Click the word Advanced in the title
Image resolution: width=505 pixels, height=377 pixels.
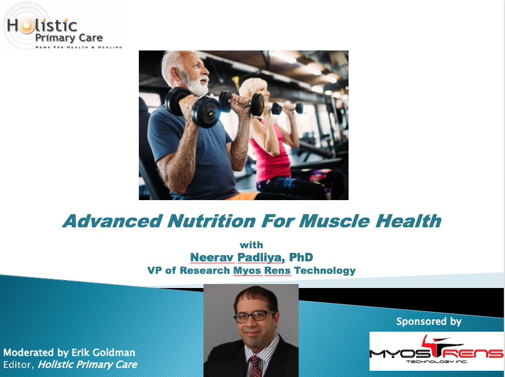point(112,221)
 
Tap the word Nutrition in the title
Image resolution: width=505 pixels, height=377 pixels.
point(211,221)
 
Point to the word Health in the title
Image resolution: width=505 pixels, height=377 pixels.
point(409,221)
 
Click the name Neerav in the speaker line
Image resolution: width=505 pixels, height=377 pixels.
point(211,257)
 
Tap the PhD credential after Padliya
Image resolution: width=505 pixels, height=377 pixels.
point(301,257)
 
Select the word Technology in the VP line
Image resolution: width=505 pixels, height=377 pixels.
point(325,271)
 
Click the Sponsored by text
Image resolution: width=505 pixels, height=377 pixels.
point(428,321)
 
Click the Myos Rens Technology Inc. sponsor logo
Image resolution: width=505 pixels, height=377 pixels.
point(436,351)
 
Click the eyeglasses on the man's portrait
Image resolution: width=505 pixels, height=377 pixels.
point(254,316)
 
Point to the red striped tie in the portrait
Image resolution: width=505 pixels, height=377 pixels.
point(256,367)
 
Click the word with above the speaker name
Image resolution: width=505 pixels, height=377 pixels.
point(251,245)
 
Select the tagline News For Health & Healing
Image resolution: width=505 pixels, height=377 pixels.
point(79,47)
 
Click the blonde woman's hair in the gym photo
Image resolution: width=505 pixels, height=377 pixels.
point(251,87)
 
